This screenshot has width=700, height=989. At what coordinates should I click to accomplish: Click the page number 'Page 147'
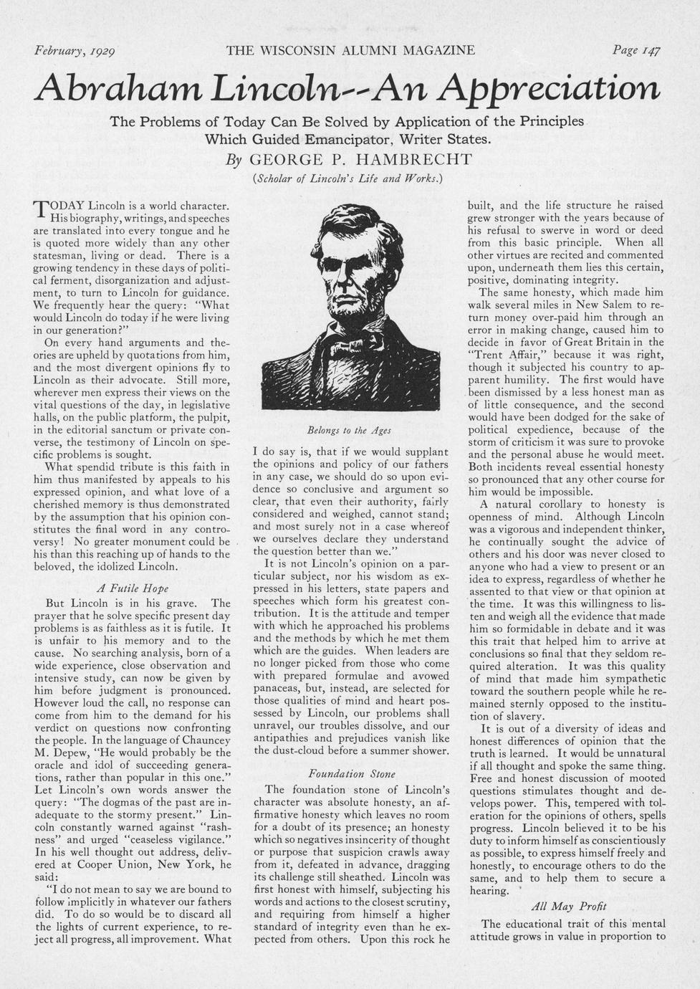(x=636, y=51)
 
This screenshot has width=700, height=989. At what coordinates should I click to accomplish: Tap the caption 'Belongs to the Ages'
(x=349, y=430)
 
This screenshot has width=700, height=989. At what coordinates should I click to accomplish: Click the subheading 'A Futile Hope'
(x=132, y=588)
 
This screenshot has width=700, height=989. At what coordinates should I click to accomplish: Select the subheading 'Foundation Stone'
(x=351, y=773)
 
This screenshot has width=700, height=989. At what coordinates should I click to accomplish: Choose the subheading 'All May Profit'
(x=569, y=907)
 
